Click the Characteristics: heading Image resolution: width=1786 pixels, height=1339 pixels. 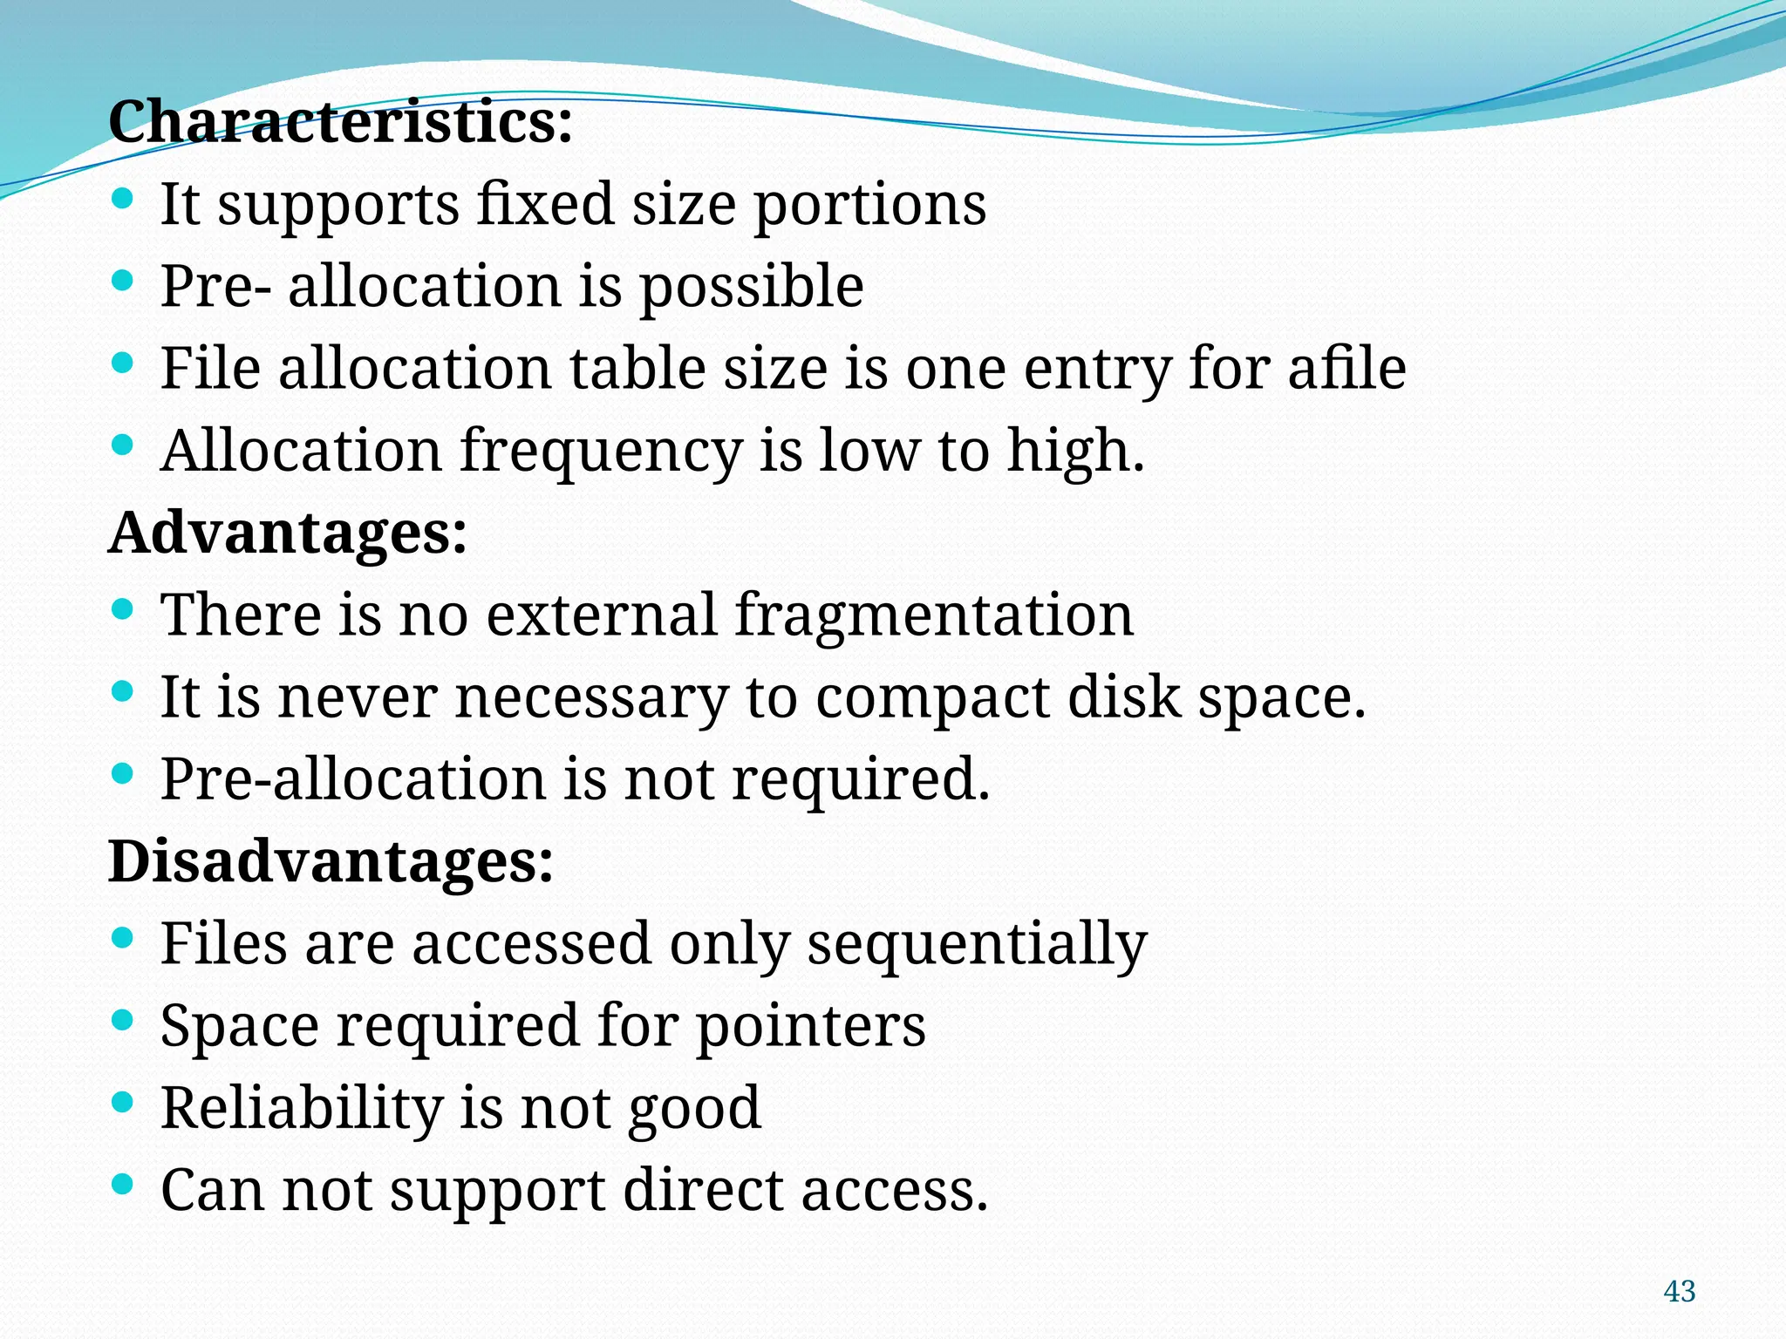tap(340, 122)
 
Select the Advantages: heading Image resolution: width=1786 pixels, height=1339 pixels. tap(288, 533)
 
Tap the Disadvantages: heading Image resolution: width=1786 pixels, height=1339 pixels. tap(331, 861)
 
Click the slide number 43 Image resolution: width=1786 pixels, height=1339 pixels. tap(1680, 1291)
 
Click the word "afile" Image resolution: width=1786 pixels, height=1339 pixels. tap(1346, 368)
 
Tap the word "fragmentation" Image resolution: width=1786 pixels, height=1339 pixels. tap(934, 615)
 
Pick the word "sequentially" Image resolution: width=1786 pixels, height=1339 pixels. tap(977, 945)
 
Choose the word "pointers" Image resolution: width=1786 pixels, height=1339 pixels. tap(811, 1026)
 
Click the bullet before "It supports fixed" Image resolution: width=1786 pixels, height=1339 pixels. tap(123, 198)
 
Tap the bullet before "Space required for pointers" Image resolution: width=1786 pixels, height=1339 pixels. tap(123, 1020)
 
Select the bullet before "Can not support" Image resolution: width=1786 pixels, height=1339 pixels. tap(123, 1184)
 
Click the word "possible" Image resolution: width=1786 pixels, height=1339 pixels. tap(752, 287)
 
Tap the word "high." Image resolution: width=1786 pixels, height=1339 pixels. tap(1075, 452)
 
